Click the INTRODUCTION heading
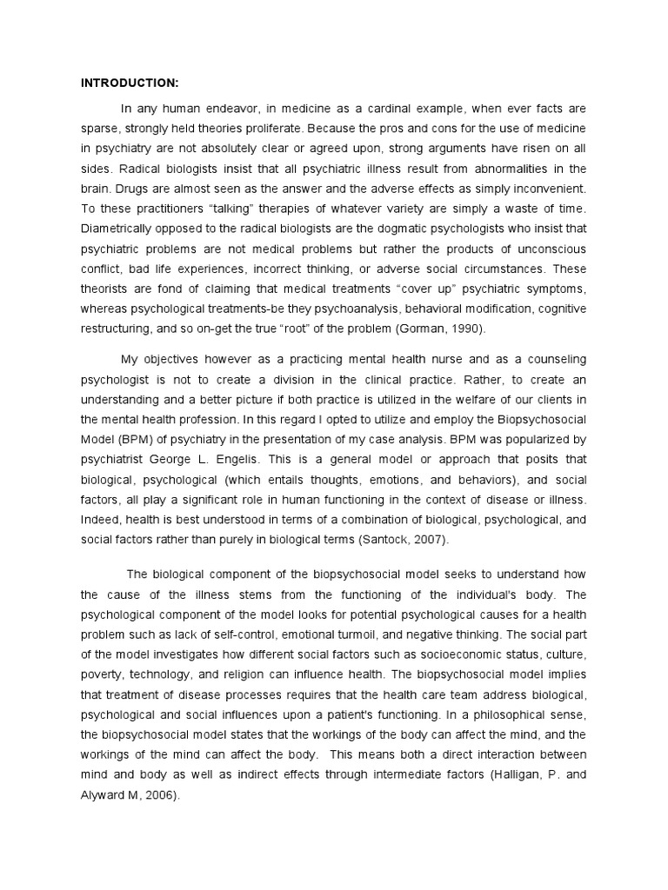130,83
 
